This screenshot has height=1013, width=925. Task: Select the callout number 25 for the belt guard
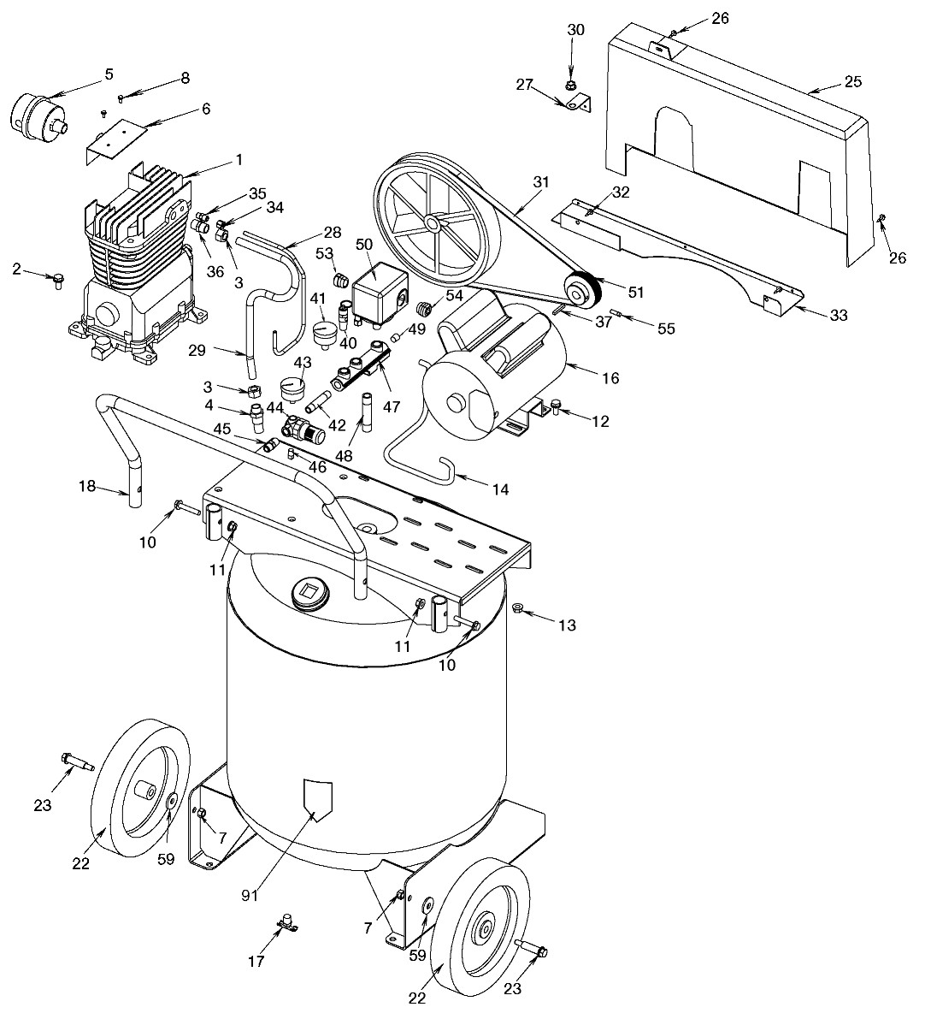[x=852, y=82]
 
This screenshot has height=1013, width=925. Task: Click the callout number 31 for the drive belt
[x=540, y=181]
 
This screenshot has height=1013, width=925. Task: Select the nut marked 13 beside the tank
[x=517, y=608]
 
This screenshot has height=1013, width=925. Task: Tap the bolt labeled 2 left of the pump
[x=59, y=280]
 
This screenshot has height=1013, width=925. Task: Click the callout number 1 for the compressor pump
[x=239, y=159]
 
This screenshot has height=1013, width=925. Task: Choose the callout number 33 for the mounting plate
[x=839, y=315]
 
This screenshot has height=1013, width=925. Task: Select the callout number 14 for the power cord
[x=499, y=489]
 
